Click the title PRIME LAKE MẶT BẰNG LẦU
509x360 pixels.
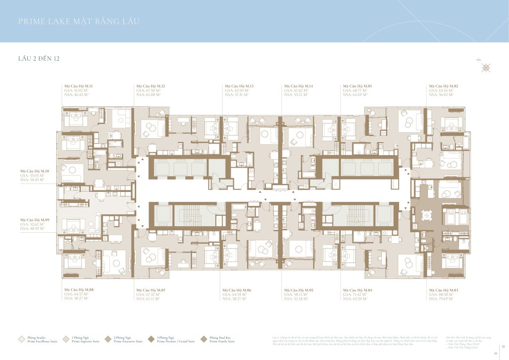point(79,21)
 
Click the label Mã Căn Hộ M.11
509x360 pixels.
point(79,86)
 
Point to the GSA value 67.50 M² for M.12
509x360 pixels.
point(148,90)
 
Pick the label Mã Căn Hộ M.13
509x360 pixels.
point(240,86)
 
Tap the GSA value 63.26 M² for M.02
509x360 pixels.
point(441,90)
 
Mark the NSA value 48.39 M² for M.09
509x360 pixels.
point(32,228)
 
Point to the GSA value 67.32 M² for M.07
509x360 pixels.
point(148,294)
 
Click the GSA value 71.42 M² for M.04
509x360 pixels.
point(355,294)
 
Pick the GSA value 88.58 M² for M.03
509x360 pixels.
point(441,294)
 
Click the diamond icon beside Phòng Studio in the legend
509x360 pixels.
point(21,339)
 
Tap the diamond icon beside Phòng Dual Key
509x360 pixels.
point(204,339)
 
